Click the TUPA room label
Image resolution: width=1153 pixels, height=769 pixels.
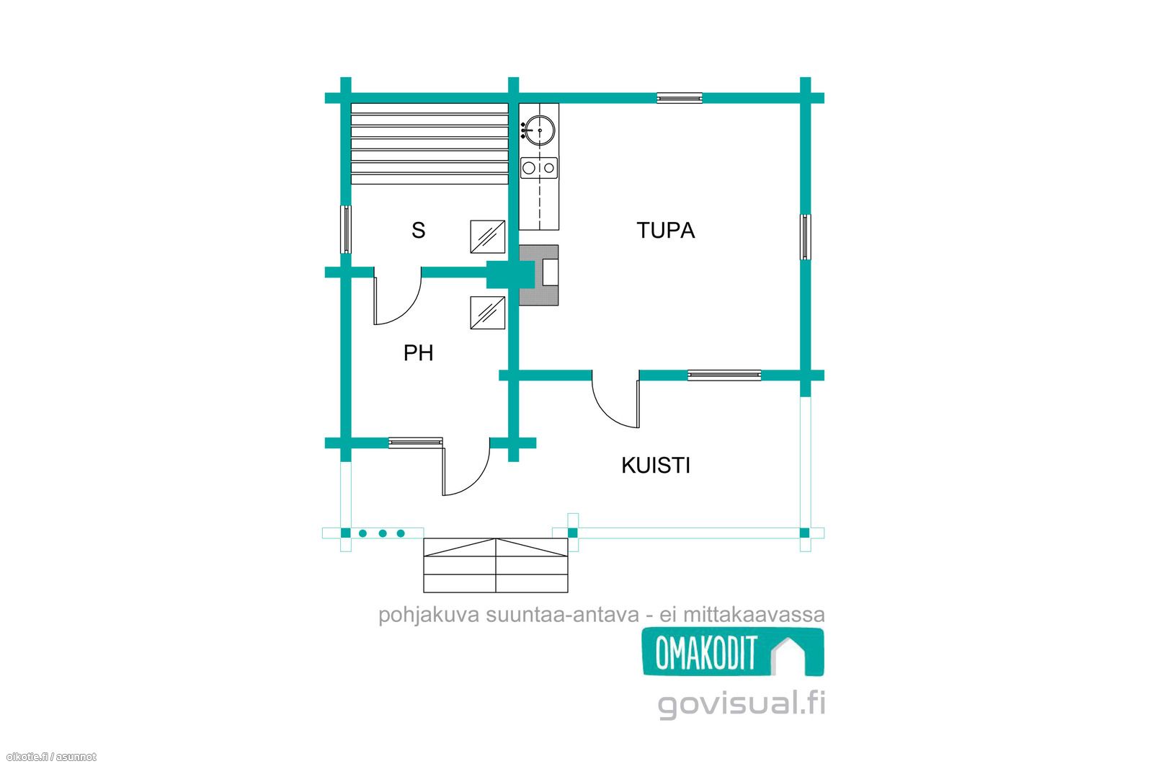pos(666,231)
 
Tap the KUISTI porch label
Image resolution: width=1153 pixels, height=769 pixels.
pos(655,466)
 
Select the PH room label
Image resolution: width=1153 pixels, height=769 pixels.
pos(418,353)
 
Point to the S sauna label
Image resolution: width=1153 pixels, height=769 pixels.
pos(419,231)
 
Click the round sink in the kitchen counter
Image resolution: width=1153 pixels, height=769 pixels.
pos(540,130)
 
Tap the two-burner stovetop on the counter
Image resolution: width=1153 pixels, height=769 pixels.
pos(539,168)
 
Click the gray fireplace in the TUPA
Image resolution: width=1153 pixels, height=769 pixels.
pos(539,275)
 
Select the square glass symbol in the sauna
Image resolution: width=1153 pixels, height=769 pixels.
pos(487,237)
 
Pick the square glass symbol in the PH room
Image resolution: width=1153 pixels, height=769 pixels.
pos(487,313)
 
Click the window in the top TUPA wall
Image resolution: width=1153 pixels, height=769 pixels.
pos(680,98)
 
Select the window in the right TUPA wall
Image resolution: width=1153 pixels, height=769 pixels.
pos(806,237)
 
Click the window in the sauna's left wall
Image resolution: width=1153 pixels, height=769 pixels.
pos(346,230)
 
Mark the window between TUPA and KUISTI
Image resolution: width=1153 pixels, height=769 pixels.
pos(724,375)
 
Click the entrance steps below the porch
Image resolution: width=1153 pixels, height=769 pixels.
pos(496,565)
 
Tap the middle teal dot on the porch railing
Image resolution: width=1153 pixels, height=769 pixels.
pos(383,533)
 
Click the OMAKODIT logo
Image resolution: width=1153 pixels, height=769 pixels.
pos(733,652)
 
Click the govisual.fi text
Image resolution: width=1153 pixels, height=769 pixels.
pos(742,703)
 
